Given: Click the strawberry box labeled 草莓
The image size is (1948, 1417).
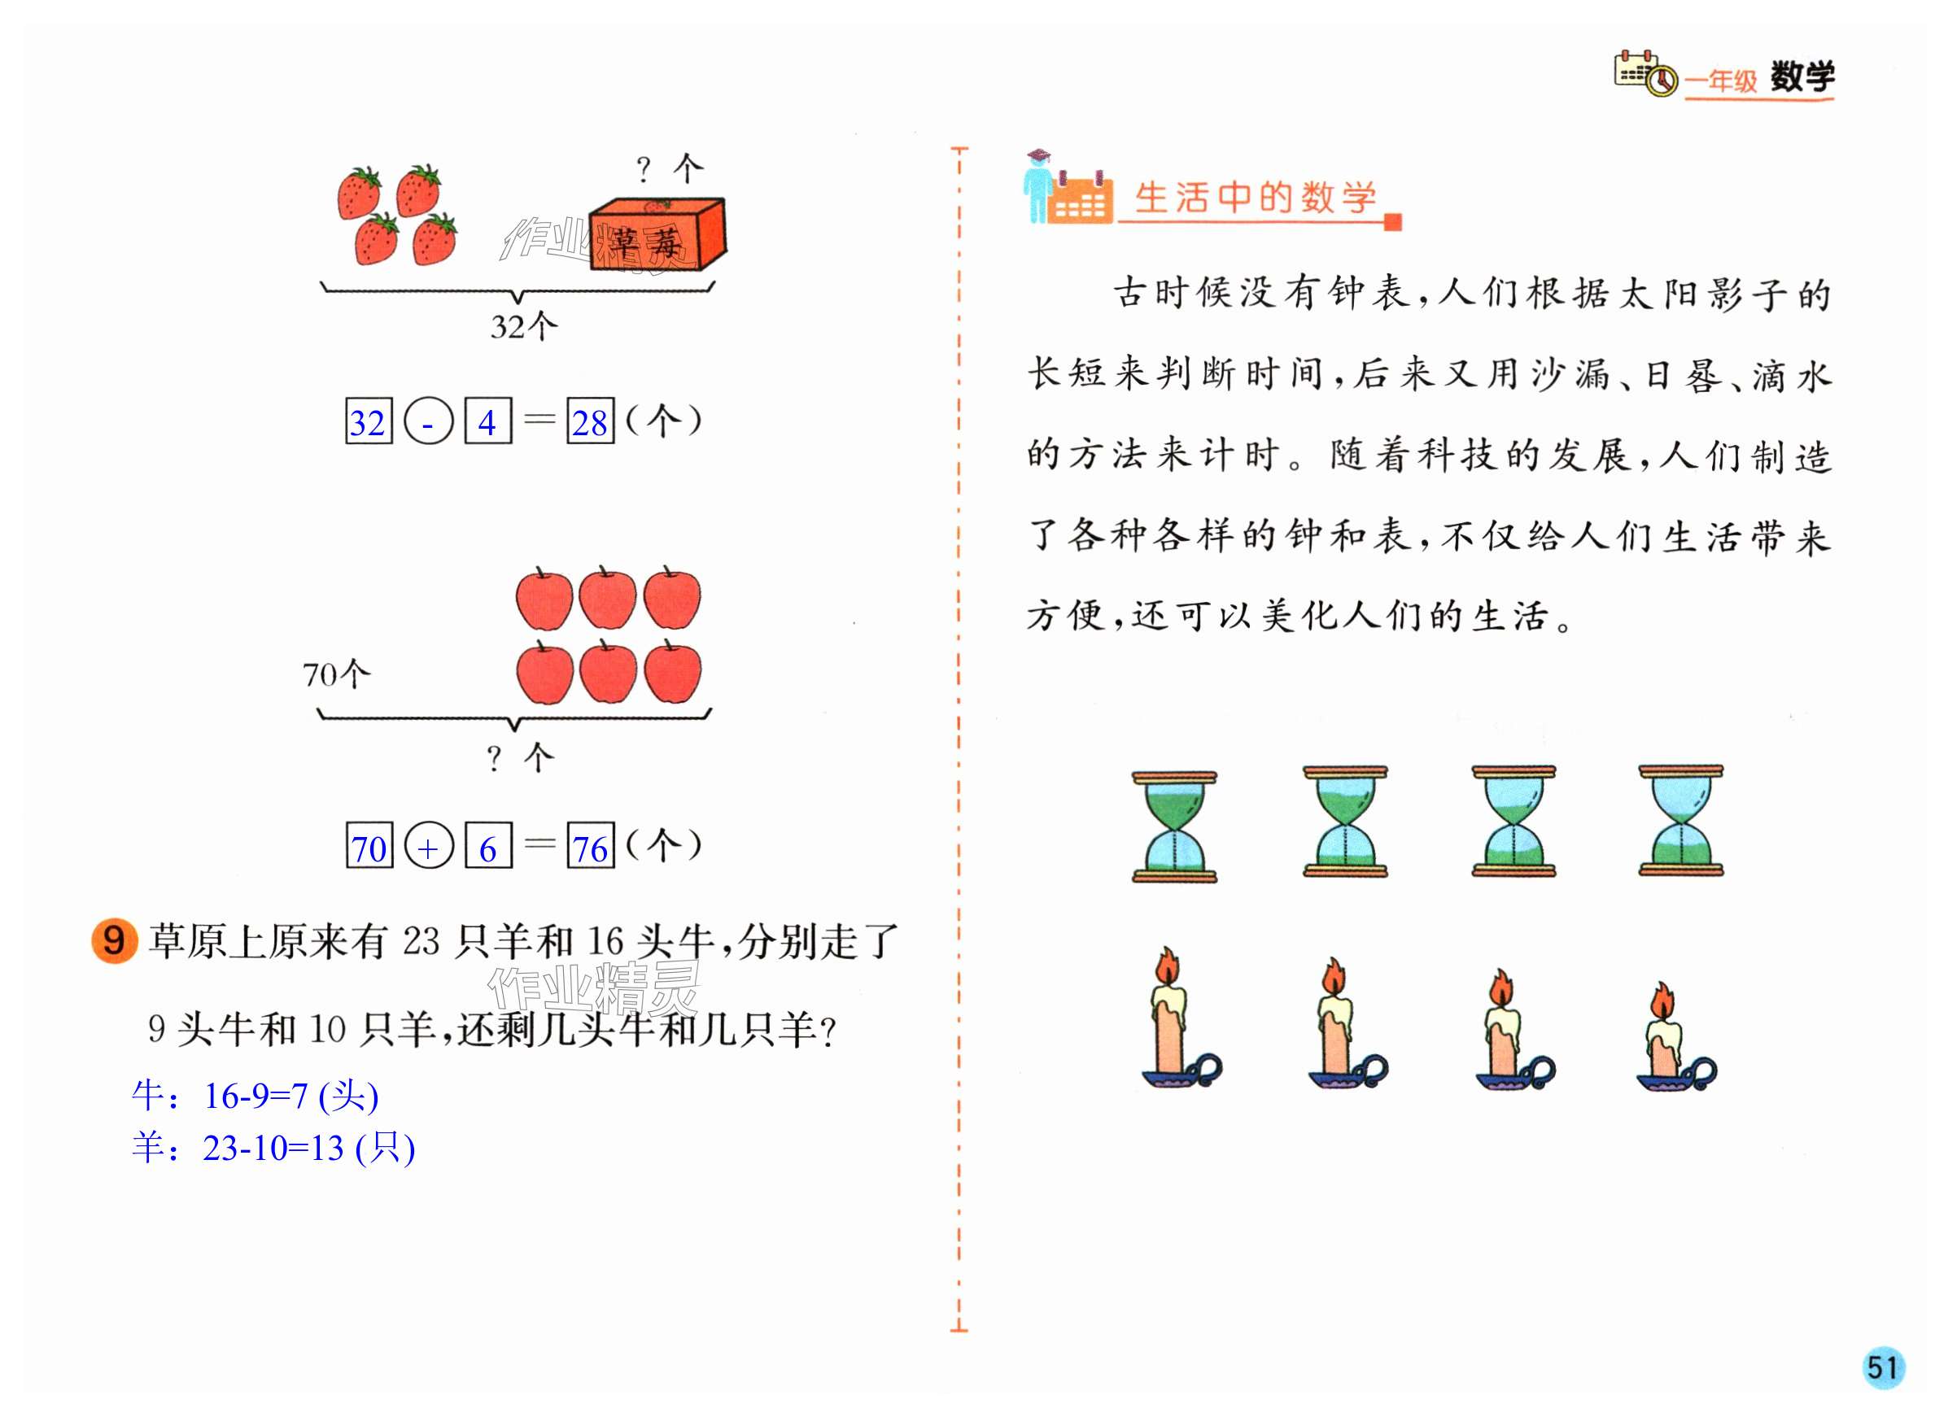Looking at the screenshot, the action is click(657, 234).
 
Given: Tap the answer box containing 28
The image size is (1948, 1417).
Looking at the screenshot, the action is click(590, 421).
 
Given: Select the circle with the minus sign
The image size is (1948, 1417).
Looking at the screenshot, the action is click(428, 421).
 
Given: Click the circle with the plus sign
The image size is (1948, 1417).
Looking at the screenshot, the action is click(428, 847).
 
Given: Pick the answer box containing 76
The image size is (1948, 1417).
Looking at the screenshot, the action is click(590, 847).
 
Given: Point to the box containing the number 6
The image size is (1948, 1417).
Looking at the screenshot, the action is click(488, 847).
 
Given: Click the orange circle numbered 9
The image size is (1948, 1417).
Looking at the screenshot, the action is click(114, 940).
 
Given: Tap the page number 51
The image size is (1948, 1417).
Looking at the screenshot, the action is click(1882, 1367).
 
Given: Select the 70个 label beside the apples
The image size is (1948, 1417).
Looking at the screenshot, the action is click(336, 674).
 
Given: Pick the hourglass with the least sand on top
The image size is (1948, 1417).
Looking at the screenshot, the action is click(1680, 822).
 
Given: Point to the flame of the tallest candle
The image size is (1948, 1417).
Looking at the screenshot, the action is click(1167, 966).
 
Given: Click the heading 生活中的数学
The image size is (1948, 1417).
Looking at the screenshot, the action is click(1254, 198).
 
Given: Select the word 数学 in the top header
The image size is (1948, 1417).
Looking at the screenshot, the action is click(1802, 78).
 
